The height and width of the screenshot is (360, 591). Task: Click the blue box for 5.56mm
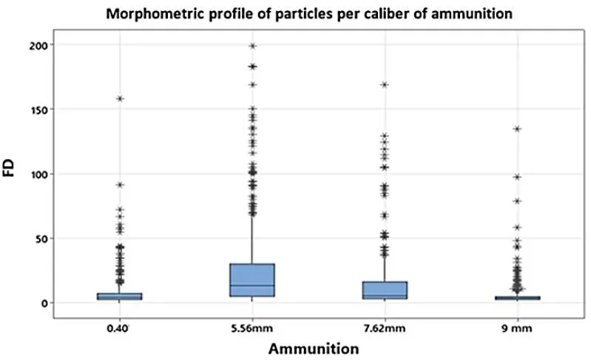tap(253, 279)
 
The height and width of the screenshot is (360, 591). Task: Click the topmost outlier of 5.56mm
tap(253, 46)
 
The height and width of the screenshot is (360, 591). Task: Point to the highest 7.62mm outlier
tap(385, 84)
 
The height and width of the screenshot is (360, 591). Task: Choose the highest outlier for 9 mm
tap(517, 129)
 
